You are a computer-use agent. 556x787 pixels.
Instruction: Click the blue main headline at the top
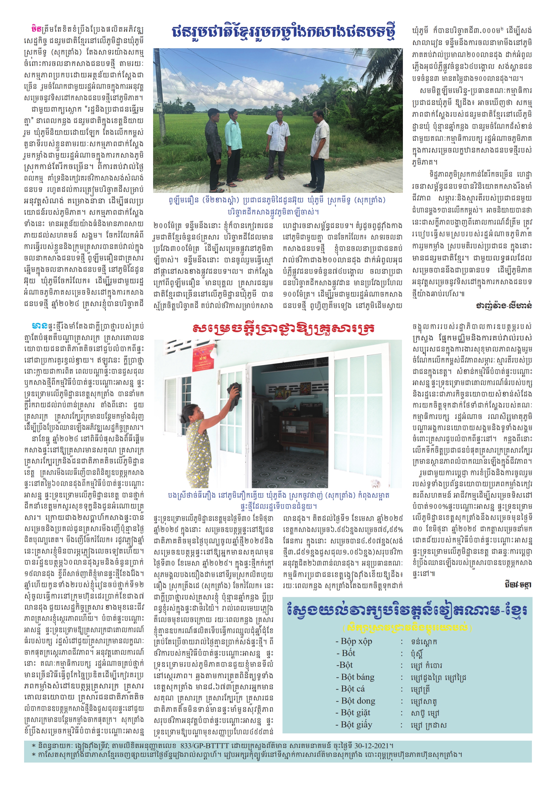[283, 32]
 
